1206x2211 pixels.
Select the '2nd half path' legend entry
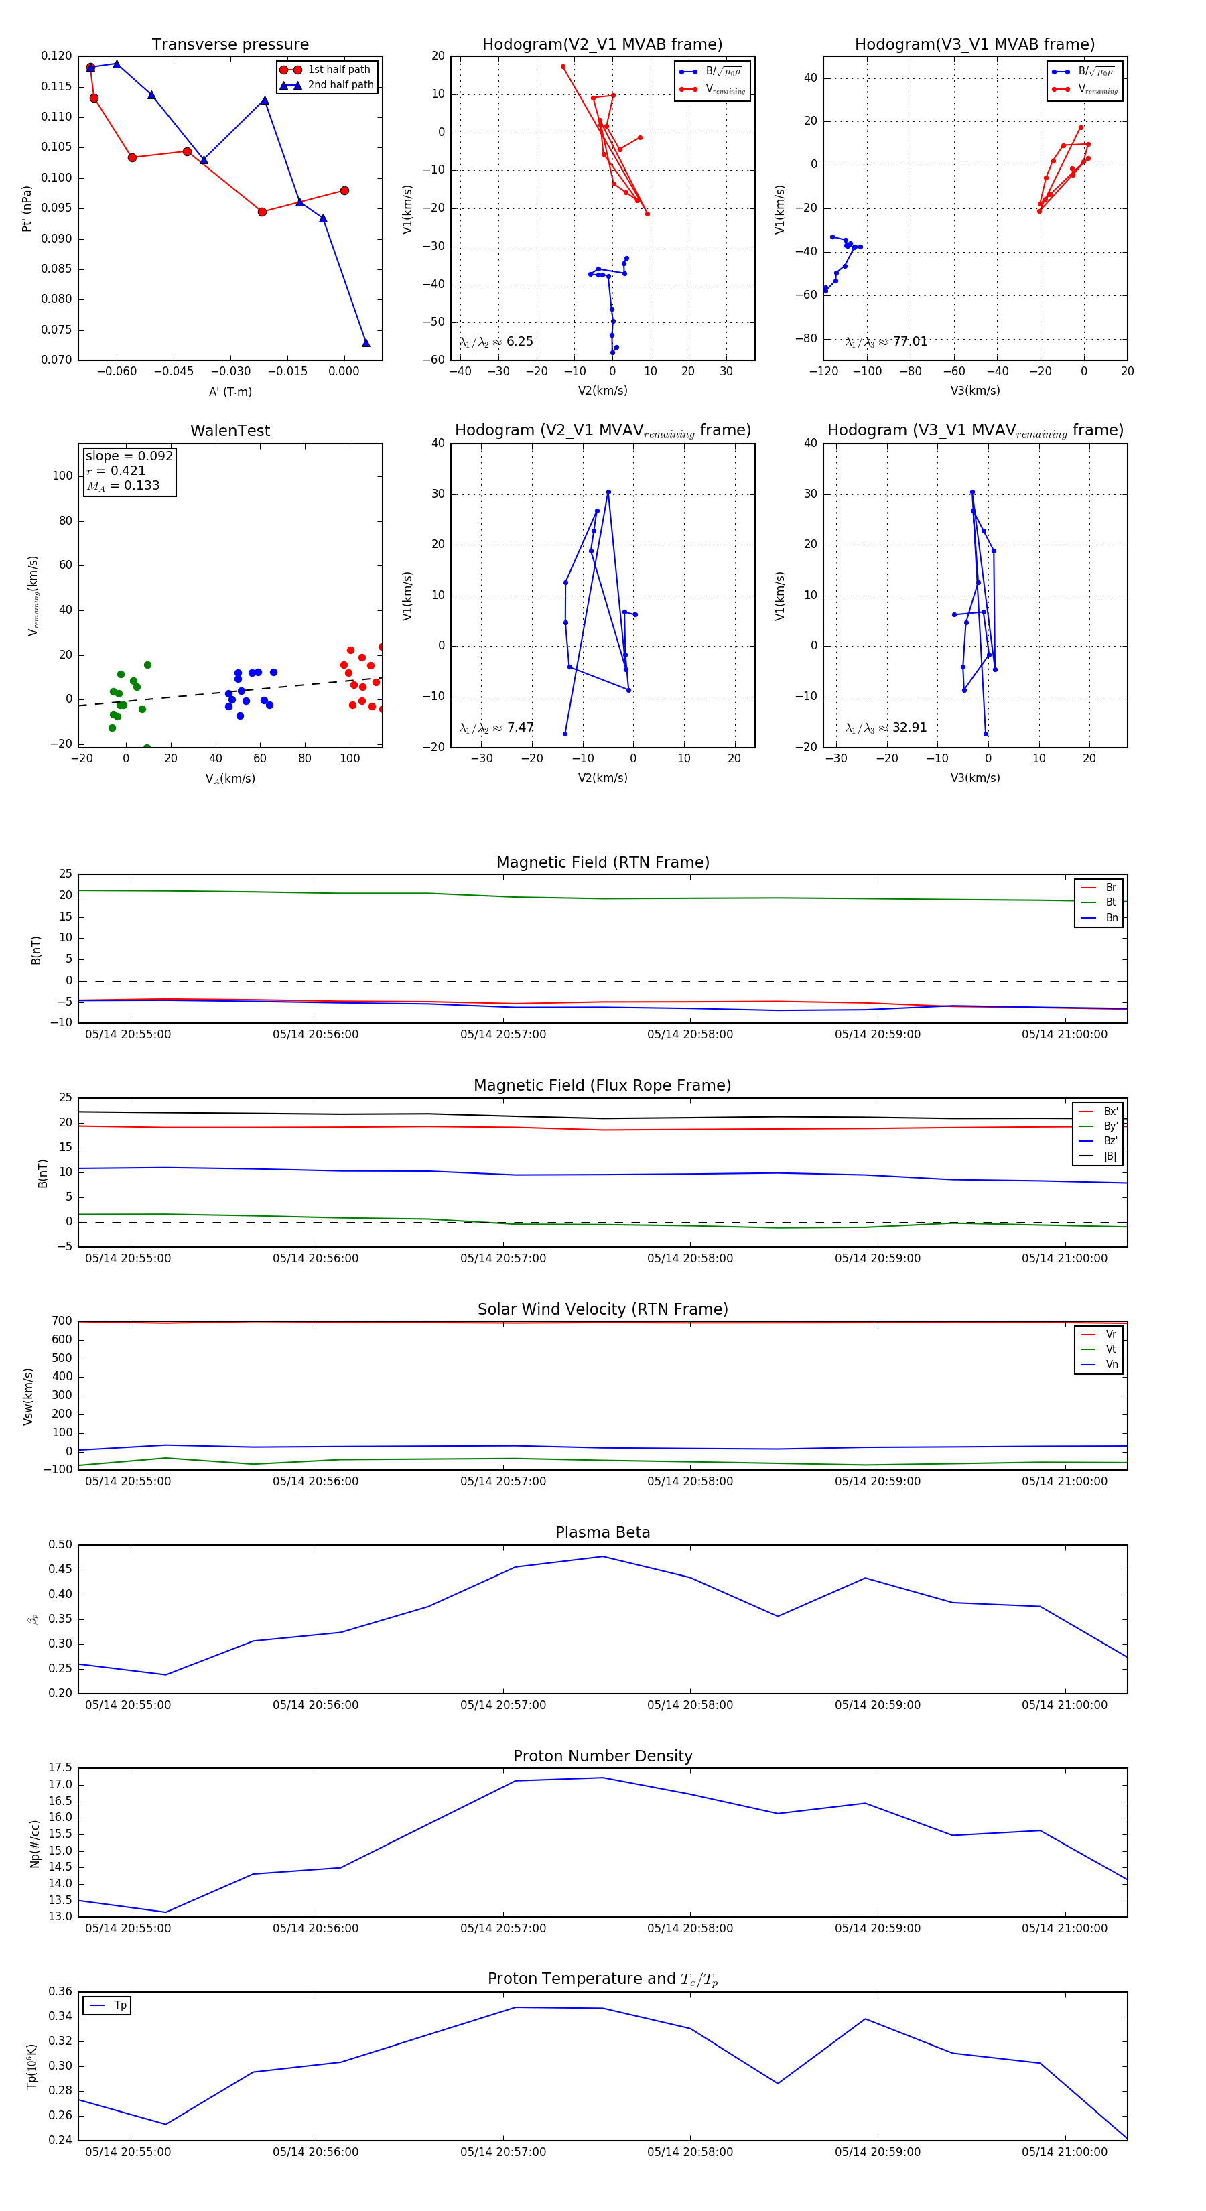tap(340, 85)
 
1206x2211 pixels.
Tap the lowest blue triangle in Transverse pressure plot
tap(366, 343)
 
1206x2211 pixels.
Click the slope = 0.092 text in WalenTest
tap(129, 456)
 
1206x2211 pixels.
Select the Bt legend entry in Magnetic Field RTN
tap(1110, 902)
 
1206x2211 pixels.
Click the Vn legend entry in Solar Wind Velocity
tap(1111, 1365)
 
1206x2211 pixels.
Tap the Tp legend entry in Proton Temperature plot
tap(120, 2006)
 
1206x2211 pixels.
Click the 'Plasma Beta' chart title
tap(602, 1532)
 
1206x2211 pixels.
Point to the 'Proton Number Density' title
tap(602, 1756)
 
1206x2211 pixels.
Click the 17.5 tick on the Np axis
tap(61, 1768)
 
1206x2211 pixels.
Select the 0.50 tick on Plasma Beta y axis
tap(61, 1545)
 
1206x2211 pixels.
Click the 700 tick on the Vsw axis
tap(62, 1321)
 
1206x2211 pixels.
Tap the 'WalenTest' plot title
tap(230, 431)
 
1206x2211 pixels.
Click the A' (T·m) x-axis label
tap(230, 391)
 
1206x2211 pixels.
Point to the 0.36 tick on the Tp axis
tap(61, 1991)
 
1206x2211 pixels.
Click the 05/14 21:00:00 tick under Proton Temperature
tap(1065, 2152)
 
